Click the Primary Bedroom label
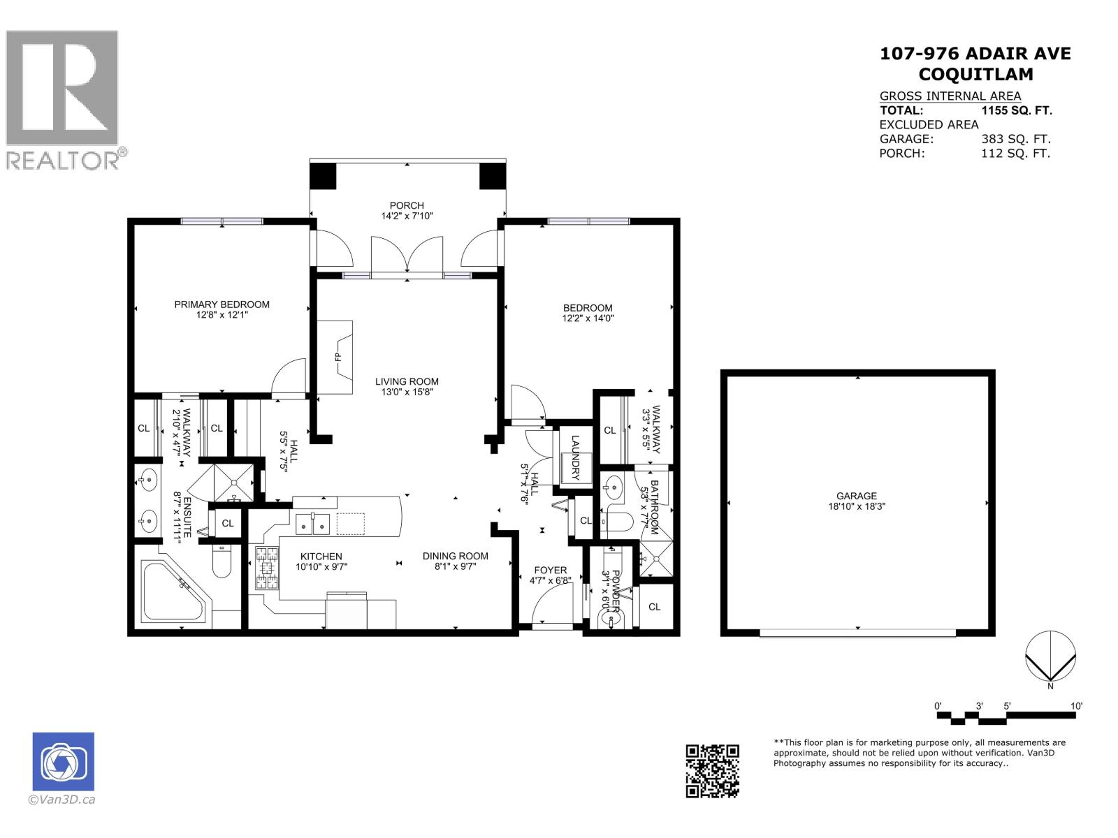(222, 304)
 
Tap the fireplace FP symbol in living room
(339, 357)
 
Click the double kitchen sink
(312, 523)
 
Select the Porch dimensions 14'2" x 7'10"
(407, 216)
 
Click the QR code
(712, 771)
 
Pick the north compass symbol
(1050, 656)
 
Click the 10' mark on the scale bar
(1076, 706)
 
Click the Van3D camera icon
(63, 762)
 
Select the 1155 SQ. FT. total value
(1017, 110)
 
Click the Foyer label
(551, 571)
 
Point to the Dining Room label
(455, 557)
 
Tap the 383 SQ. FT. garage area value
(1015, 139)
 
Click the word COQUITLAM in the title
(975, 74)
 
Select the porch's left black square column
(323, 175)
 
